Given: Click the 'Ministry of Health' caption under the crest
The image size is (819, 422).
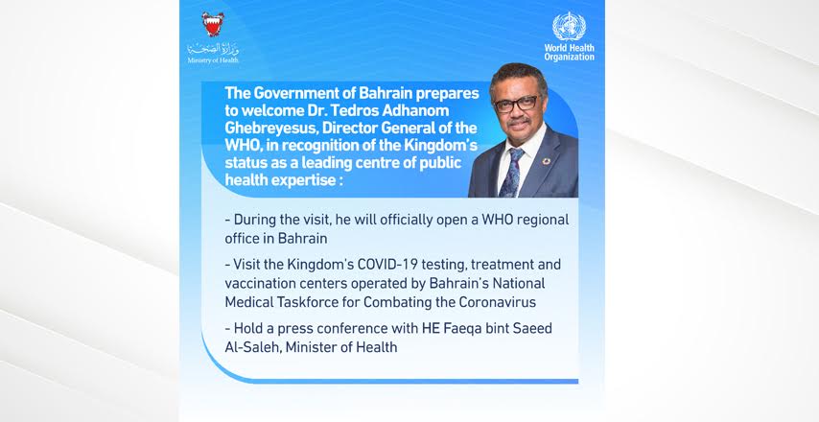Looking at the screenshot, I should point(213,60).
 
